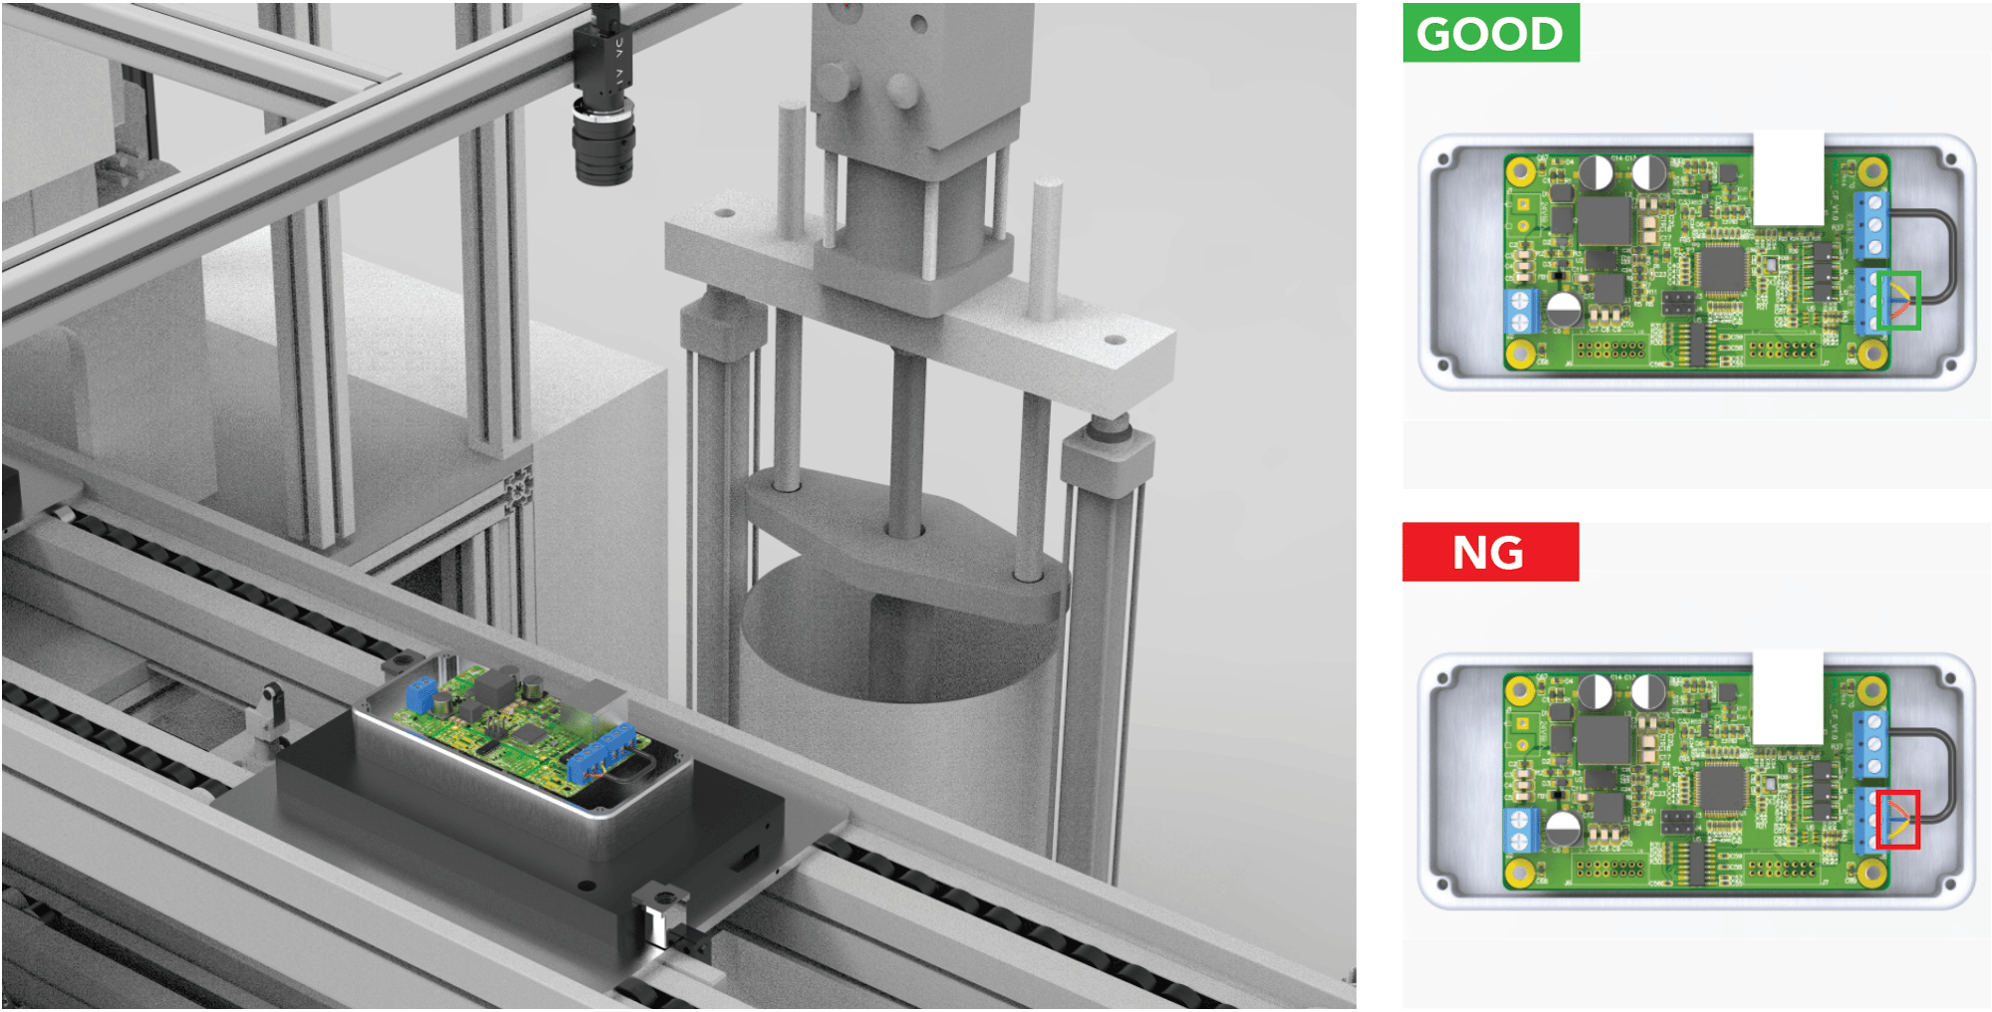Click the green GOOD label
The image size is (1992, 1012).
tap(1490, 33)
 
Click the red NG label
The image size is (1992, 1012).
tap(1490, 552)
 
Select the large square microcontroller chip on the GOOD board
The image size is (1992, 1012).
tap(1722, 269)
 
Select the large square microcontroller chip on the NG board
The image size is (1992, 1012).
tap(1722, 789)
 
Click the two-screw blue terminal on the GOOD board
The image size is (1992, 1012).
tap(1520, 312)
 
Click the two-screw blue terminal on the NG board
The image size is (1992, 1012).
tap(1520, 832)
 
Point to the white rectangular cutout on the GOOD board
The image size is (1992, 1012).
tap(1789, 177)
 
